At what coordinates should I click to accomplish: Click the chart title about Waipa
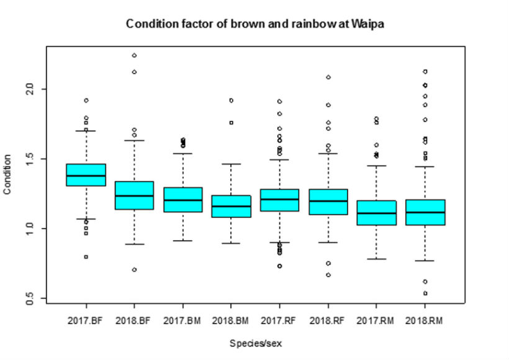[255, 24]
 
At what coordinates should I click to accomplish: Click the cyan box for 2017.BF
[86, 174]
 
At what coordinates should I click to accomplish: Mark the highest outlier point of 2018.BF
[134, 55]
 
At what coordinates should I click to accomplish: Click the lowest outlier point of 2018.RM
[425, 293]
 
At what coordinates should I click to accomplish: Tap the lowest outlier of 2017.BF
[86, 256]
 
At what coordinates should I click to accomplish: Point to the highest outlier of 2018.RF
[328, 78]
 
